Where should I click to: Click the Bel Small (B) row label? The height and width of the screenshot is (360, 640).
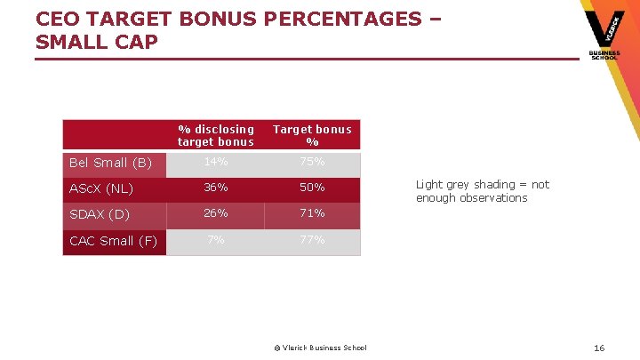point(111,163)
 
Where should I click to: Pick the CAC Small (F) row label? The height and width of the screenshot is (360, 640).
point(114,241)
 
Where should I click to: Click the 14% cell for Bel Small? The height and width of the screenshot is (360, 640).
point(215,162)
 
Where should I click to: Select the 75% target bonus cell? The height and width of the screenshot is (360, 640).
point(312,162)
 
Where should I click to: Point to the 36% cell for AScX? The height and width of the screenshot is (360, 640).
point(215,188)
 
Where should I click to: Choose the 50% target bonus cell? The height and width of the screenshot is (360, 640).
point(312,188)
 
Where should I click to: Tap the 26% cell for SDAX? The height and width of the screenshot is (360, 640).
point(215,213)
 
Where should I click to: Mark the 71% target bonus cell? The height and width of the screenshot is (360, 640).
point(312,213)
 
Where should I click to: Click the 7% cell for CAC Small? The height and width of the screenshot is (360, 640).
point(215,240)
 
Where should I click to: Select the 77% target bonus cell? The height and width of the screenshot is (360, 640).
point(312,240)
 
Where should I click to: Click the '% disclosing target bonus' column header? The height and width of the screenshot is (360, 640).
point(215,135)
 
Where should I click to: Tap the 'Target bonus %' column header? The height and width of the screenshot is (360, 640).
point(312,135)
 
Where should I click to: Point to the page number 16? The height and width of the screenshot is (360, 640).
point(599,348)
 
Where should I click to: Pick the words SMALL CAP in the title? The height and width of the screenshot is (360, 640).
point(97,42)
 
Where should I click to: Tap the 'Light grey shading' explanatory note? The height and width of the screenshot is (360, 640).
point(482,191)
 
